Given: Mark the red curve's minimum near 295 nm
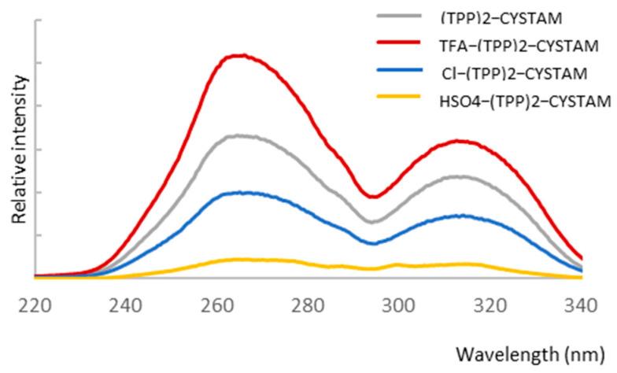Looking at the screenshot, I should pos(374,197).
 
